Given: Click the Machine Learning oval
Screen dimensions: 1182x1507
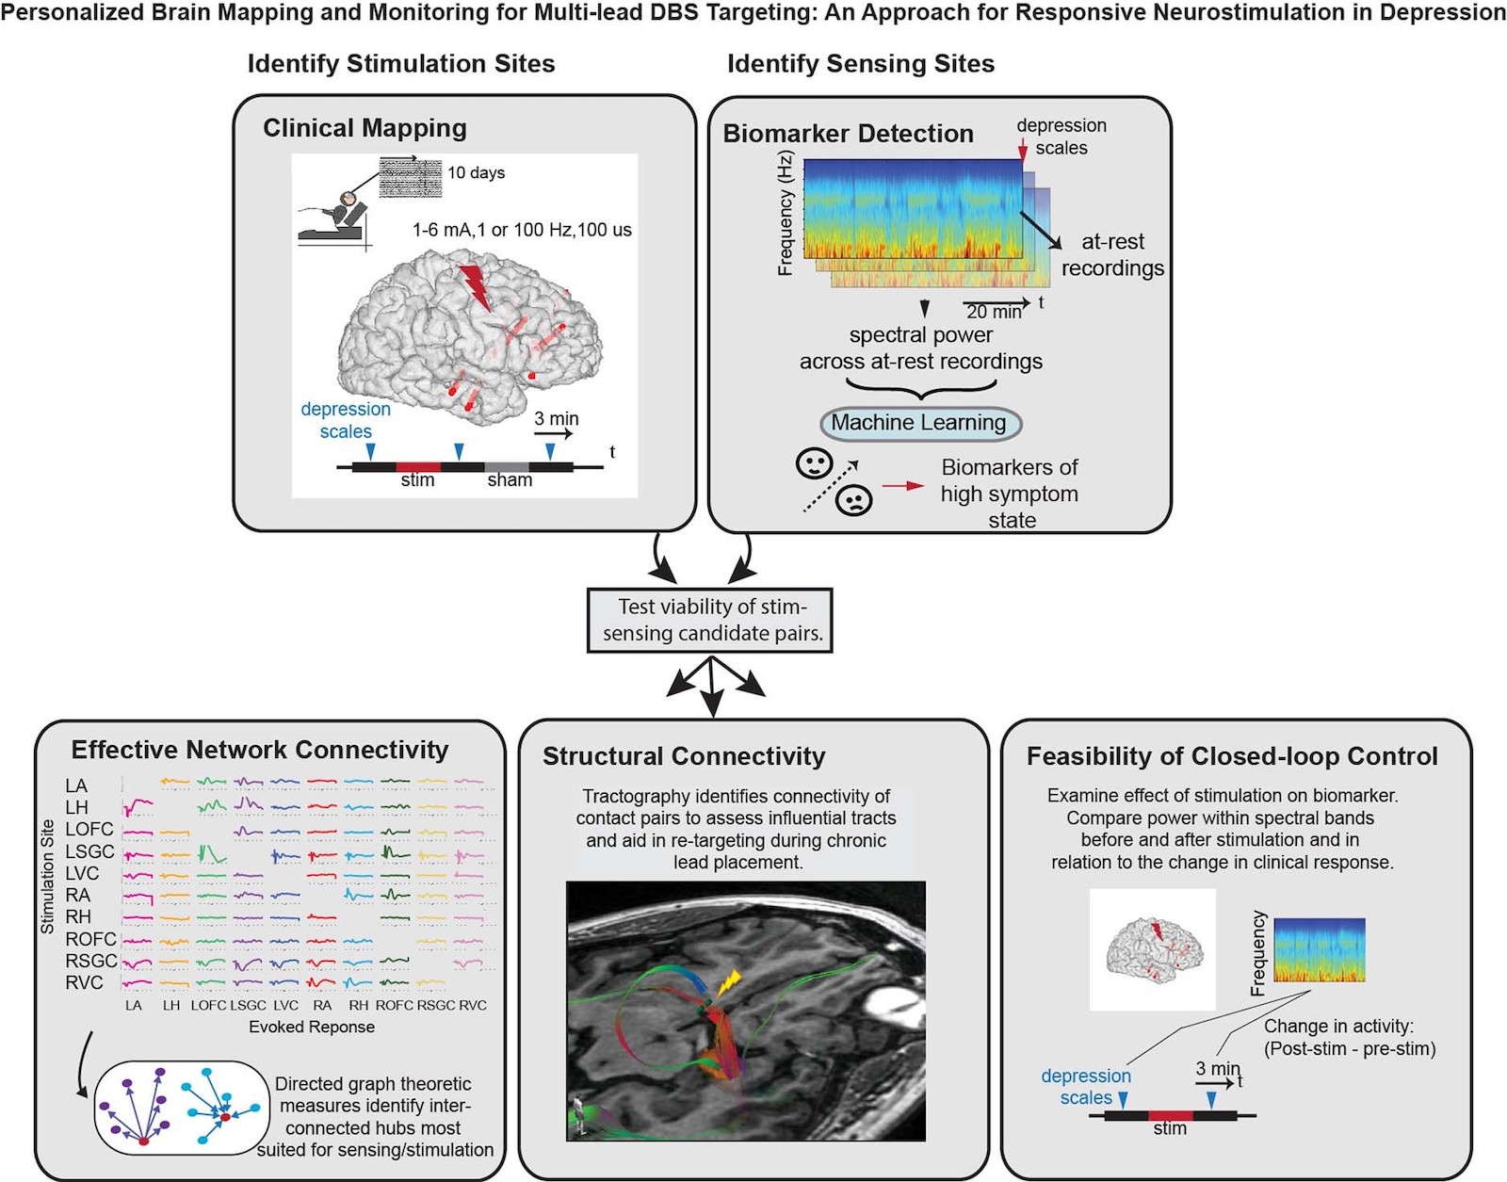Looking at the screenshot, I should [919, 423].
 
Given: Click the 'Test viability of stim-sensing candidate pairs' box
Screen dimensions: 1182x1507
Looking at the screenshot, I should [712, 620].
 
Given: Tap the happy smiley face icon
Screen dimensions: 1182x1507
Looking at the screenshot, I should [814, 462].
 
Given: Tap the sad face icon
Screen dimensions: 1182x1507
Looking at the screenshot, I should [854, 499].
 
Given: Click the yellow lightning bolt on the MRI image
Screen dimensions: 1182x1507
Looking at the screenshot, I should [728, 983].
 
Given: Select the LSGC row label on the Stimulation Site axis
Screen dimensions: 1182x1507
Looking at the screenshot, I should [89, 851].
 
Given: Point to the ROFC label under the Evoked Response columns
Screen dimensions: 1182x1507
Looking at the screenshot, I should [394, 1005].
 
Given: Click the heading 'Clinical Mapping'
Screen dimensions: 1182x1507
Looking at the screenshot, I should [365, 128].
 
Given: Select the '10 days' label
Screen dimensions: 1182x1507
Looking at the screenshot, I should [476, 172].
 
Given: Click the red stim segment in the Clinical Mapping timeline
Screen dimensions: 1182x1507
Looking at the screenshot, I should [418, 466].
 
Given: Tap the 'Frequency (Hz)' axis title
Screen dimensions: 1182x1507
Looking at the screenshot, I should [785, 214].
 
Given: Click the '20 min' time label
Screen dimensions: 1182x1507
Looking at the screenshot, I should [994, 312].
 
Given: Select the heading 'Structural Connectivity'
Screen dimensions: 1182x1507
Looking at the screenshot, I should [684, 756].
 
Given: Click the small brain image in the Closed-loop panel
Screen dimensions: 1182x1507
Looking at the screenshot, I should [1153, 949].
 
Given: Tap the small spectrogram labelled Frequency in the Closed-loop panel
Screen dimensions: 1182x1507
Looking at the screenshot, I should [1319, 950].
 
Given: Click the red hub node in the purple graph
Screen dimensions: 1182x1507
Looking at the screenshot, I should [143, 1141].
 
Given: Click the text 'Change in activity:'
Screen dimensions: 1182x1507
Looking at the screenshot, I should [1338, 1027].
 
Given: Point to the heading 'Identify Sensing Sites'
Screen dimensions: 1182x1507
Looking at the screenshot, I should [861, 64].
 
